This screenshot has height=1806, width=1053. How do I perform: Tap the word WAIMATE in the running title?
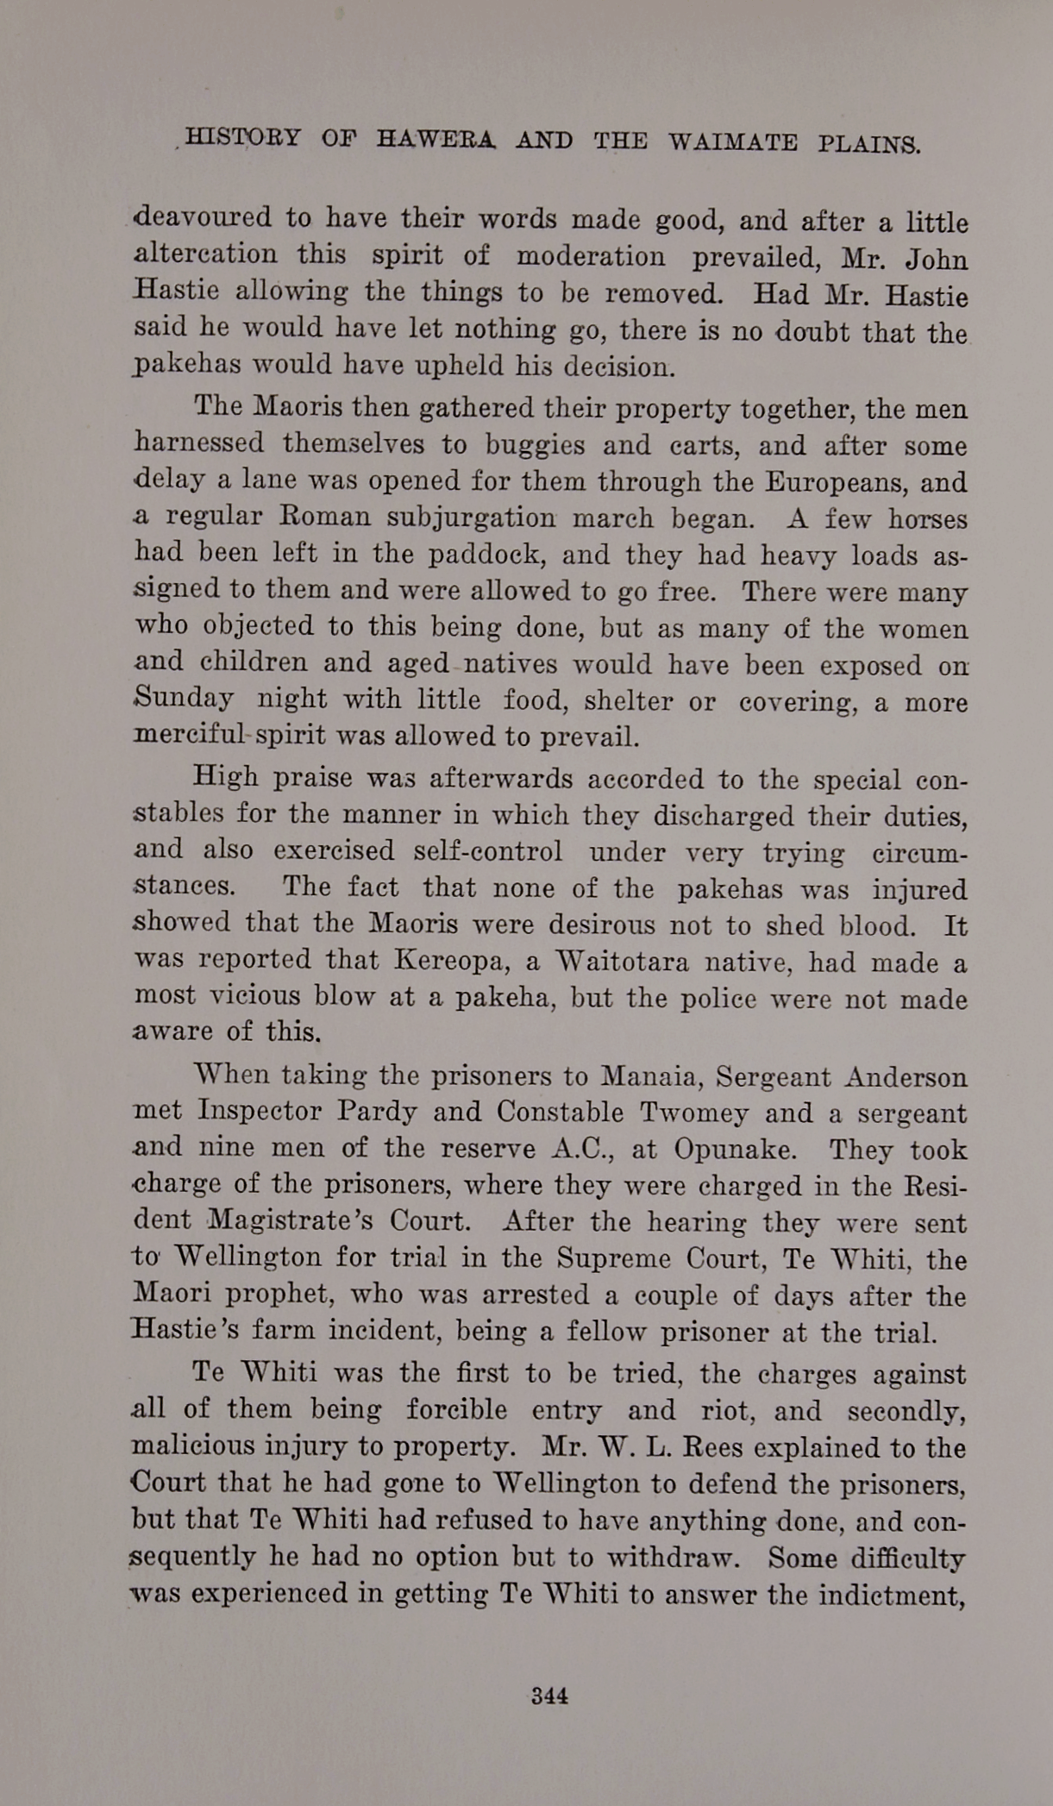pyautogui.click(x=732, y=142)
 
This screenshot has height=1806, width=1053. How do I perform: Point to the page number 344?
pyautogui.click(x=549, y=1695)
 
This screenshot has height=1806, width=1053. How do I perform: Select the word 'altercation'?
pyautogui.click(x=206, y=255)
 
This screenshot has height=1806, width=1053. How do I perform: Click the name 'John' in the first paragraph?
pyautogui.click(x=937, y=260)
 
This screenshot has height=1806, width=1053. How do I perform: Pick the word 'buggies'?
pyautogui.click(x=535, y=445)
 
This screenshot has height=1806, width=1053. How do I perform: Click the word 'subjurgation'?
pyautogui.click(x=471, y=517)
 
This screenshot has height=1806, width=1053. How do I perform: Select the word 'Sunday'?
pyautogui.click(x=184, y=699)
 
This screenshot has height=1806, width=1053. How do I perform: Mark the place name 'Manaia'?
pyautogui.click(x=648, y=1077)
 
